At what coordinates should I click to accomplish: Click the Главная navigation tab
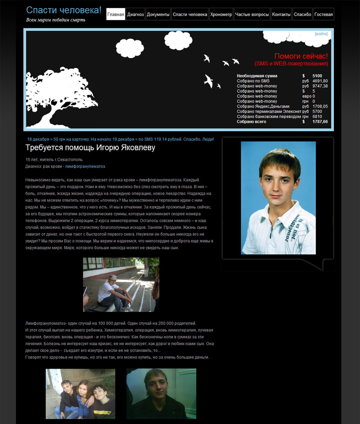point(116,14)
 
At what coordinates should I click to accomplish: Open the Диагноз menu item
point(135,14)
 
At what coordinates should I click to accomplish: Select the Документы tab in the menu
point(158,14)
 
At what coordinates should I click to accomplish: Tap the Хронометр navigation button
point(221,14)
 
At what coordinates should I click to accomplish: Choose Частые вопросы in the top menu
point(252,14)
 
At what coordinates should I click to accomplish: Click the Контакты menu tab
point(282,14)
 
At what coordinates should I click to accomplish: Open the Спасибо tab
point(302,14)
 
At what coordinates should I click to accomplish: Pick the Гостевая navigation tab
point(324,14)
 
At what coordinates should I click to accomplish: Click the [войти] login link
point(321,34)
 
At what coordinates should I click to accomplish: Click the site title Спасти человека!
point(64,10)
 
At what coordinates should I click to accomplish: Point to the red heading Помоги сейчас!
point(301,56)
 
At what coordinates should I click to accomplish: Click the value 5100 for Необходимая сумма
point(317,76)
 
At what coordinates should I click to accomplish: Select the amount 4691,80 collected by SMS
point(320,81)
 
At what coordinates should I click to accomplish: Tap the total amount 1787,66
point(320,122)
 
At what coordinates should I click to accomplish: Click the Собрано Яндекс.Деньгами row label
point(263,106)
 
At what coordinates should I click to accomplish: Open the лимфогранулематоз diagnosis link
point(85,167)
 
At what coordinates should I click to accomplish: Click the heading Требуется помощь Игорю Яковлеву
point(90,148)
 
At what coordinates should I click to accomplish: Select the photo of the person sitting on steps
point(121,284)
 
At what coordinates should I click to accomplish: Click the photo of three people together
point(81,394)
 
